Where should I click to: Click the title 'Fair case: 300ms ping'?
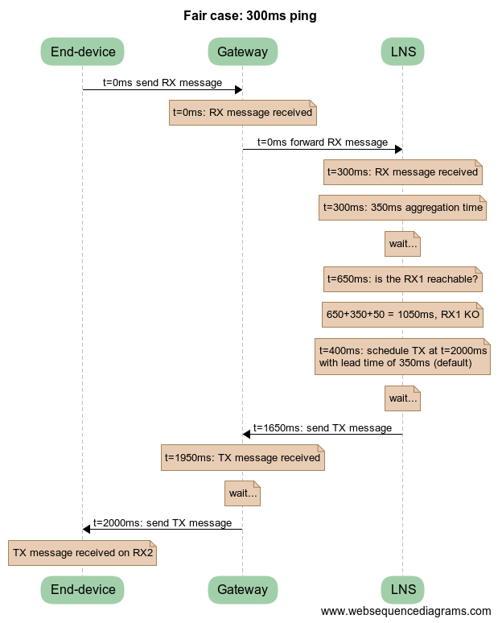(x=249, y=15)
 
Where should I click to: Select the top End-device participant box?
(x=83, y=52)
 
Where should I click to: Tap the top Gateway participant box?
(x=242, y=52)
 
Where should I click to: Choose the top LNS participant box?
(x=402, y=52)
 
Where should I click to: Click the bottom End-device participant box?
(x=83, y=589)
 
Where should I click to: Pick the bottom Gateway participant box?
(x=242, y=589)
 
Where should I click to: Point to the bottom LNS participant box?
(x=402, y=589)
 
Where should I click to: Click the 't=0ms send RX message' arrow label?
(x=163, y=82)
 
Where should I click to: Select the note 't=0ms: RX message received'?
(x=242, y=113)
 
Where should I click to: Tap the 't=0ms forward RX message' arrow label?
(x=322, y=142)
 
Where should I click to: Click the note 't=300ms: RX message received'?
(x=402, y=171)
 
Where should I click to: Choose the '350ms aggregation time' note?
(x=402, y=208)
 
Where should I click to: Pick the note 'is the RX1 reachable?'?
(x=402, y=279)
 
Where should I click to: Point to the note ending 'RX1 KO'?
(x=402, y=315)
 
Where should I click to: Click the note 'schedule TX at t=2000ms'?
(x=402, y=357)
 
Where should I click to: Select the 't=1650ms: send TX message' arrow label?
(x=323, y=427)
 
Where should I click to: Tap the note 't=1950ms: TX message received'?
(x=242, y=457)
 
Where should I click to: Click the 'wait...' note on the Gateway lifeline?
(x=242, y=493)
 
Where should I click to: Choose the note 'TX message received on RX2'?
(x=82, y=553)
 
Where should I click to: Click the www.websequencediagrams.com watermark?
(x=405, y=611)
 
